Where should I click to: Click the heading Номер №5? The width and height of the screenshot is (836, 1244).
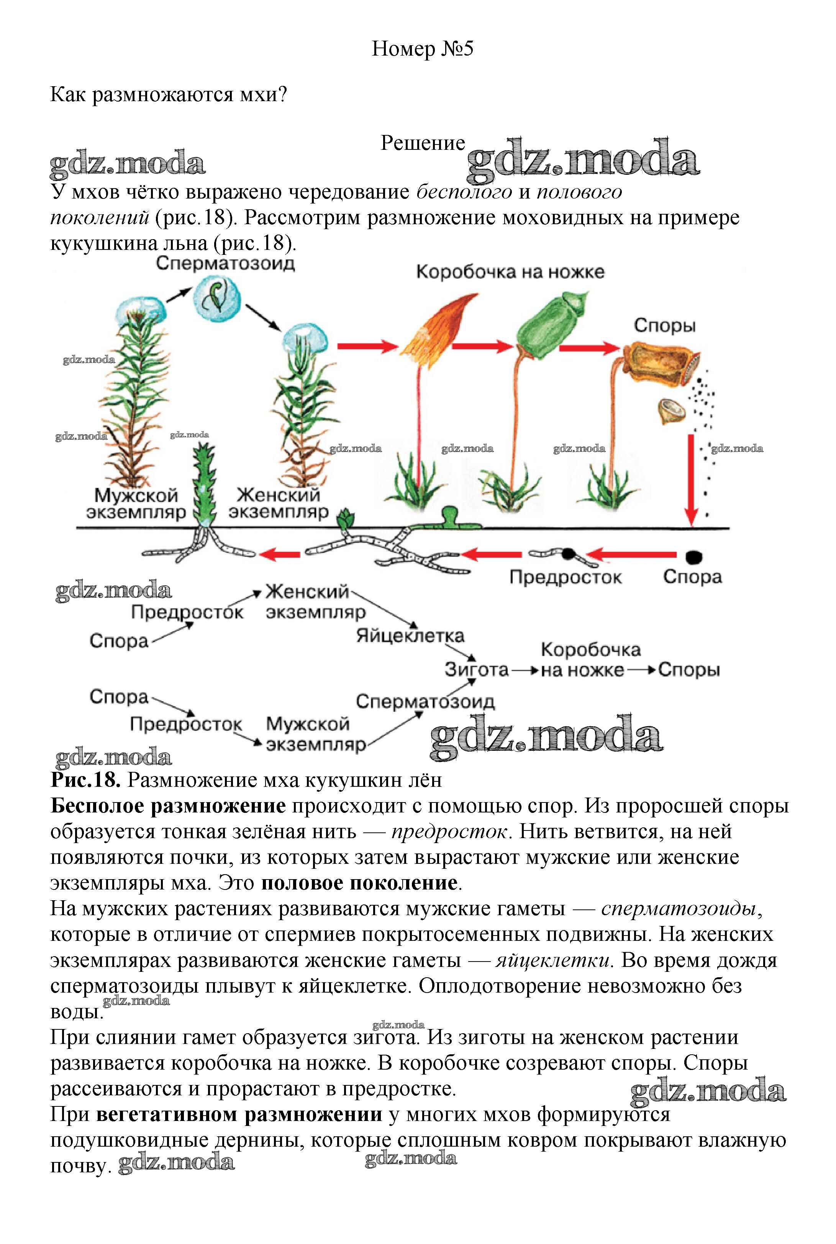click(x=422, y=49)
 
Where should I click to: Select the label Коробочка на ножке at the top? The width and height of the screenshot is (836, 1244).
click(x=510, y=272)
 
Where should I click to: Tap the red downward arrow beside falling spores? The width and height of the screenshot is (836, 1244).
click(x=691, y=480)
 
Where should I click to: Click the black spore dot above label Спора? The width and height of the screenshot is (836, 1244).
click(x=693, y=557)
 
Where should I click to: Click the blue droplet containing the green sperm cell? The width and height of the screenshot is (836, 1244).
click(x=217, y=301)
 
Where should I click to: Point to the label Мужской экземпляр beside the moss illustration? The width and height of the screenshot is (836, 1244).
click(x=136, y=504)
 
